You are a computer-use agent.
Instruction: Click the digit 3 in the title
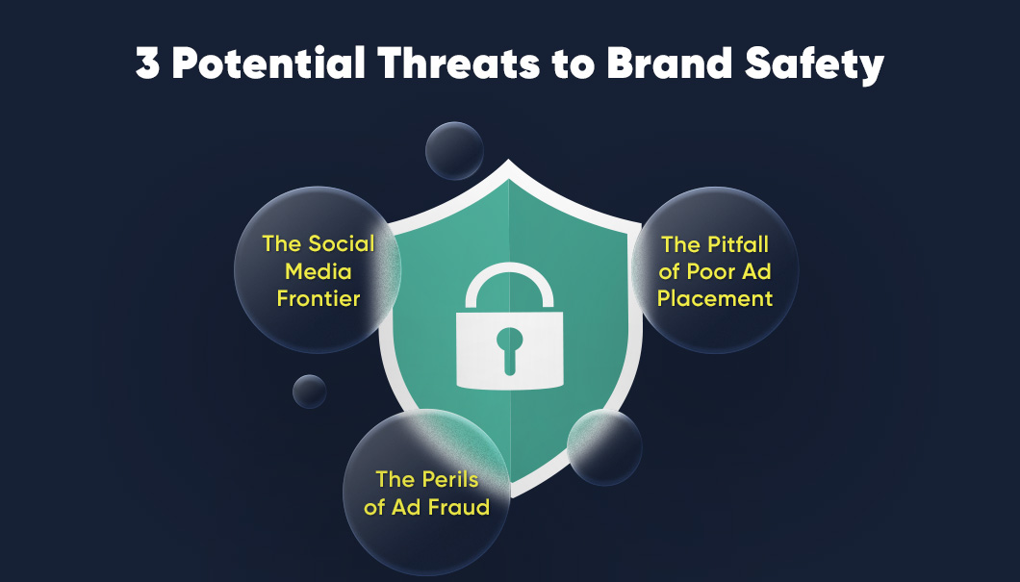[149, 64]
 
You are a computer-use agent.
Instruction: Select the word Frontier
[318, 297]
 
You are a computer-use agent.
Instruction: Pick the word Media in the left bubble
[318, 270]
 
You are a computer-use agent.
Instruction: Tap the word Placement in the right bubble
[715, 297]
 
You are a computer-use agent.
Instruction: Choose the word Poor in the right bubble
[713, 271]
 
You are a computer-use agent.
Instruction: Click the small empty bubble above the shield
[454, 151]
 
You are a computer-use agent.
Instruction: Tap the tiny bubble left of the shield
[310, 391]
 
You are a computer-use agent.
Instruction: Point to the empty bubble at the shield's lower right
[604, 446]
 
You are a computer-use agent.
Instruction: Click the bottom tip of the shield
[509, 495]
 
